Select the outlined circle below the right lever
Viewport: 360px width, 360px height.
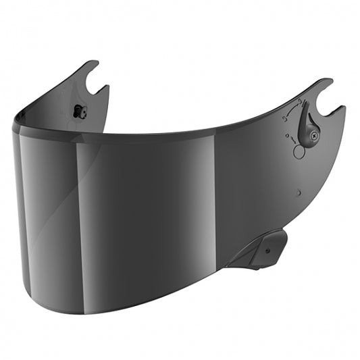click(299, 152)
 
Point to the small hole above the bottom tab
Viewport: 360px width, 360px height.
click(298, 192)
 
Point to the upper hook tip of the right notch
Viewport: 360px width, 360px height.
click(329, 82)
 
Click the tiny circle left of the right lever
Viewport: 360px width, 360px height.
click(288, 134)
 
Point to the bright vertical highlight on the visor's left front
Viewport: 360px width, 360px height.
click(78, 203)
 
